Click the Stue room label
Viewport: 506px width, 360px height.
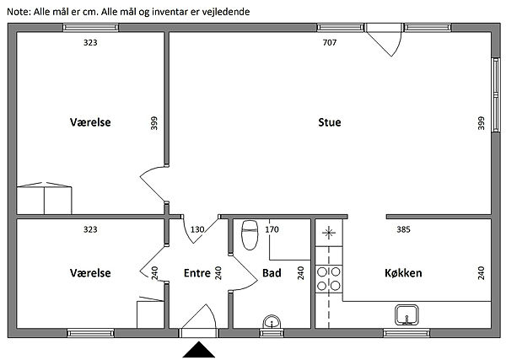coord(330,122)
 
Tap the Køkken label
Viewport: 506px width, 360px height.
coord(403,273)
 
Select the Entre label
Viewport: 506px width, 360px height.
coord(197,273)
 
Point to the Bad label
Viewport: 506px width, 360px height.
coord(272,273)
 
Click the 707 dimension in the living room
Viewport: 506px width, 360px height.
coord(330,42)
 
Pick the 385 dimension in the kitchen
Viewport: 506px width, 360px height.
coord(403,229)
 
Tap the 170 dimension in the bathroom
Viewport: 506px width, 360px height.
coord(272,229)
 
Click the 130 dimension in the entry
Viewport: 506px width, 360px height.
coord(197,229)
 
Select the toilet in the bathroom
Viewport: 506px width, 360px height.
coord(250,235)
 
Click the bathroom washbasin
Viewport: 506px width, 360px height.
coord(272,322)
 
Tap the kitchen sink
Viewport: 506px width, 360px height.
coord(406,314)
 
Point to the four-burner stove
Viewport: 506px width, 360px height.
coord(329,279)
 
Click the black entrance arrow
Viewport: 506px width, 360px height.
coord(199,350)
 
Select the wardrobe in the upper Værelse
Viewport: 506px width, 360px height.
coord(44,198)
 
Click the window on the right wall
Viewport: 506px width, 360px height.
coord(496,94)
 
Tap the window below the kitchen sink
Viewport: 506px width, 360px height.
coord(406,333)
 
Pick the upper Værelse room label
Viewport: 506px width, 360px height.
coord(90,122)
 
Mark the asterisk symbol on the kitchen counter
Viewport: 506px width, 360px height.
coord(329,233)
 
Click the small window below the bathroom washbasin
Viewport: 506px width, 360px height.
coord(272,333)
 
